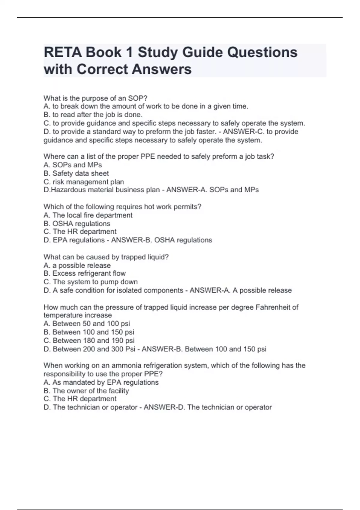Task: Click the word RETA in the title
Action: tap(62, 52)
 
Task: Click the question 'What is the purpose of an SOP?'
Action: tap(95, 98)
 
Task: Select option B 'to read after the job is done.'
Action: tap(93, 115)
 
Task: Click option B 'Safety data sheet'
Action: tap(76, 173)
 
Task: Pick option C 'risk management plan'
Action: tap(84, 182)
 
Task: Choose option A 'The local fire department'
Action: tap(88, 215)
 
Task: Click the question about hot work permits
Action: tap(122, 207)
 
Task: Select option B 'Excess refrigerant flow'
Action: tap(85, 273)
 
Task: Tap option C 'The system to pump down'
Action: tap(91, 282)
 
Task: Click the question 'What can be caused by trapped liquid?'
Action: tap(106, 257)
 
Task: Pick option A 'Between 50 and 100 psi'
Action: tap(87, 324)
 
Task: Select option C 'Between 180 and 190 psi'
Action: tap(89, 340)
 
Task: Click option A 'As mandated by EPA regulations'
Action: tap(101, 382)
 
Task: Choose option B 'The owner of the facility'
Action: tap(86, 391)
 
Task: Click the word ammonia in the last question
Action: tap(126, 365)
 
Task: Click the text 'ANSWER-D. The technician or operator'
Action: tap(208, 407)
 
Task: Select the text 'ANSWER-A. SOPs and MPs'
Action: tap(212, 190)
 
